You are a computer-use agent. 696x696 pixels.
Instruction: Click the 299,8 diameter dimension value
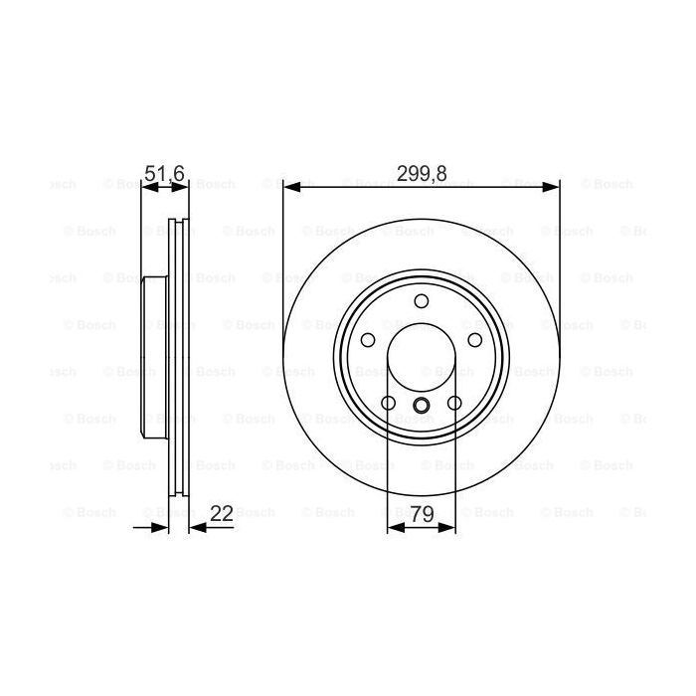pos(422,173)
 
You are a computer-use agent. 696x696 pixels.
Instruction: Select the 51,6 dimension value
pos(164,173)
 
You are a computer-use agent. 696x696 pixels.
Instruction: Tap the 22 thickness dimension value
pos(222,513)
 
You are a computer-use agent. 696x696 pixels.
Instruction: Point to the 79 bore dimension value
pos(422,513)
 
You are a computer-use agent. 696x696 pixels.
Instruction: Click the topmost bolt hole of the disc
pos(422,301)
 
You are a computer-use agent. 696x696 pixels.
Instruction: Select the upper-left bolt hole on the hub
pos(367,341)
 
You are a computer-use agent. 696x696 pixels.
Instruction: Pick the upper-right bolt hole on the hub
pos(476,341)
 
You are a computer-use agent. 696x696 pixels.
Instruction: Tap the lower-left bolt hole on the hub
pos(388,404)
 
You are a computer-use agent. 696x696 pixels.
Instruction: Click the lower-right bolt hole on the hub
pos(455,404)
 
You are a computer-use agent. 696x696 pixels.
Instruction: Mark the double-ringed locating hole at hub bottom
pos(422,404)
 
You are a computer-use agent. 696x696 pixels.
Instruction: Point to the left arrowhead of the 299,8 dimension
pos(290,186)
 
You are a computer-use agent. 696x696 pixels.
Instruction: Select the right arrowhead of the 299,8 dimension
pos(553,186)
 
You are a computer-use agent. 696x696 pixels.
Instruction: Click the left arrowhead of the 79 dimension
pos(394,527)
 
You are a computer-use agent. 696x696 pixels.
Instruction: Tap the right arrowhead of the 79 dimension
pos(449,527)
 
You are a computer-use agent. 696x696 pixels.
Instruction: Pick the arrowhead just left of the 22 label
pos(196,527)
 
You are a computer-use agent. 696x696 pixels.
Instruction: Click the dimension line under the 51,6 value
pos(165,186)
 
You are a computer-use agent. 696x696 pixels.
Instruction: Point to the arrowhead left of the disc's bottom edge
pos(161,527)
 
